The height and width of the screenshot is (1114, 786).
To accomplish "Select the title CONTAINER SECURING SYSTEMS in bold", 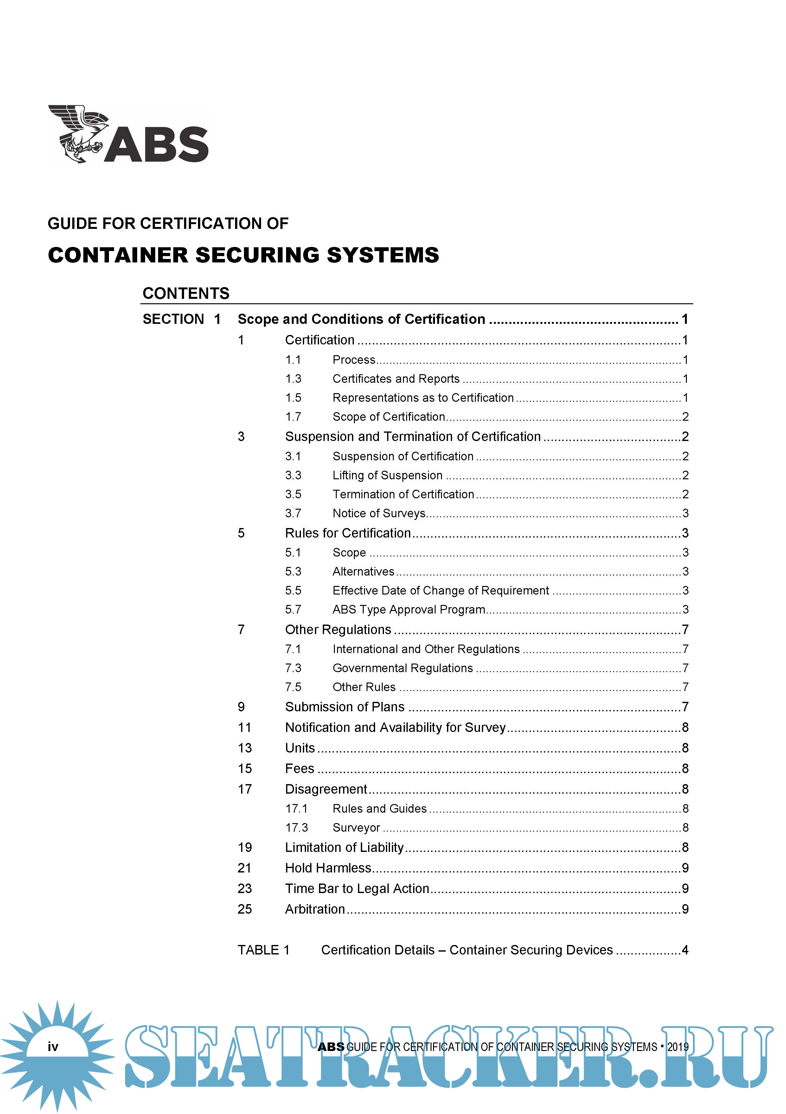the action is pos(243,255).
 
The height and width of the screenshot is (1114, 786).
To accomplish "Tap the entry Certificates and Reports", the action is pos(396,379).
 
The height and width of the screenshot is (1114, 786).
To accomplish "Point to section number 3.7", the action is pos(293,513).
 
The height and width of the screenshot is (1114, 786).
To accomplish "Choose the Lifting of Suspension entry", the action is pos(387,475).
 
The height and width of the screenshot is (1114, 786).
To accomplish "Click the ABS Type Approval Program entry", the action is pos(409,610).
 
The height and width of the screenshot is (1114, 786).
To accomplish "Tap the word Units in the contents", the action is pos(300,748).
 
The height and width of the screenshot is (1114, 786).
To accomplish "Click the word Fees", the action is pos(300,769).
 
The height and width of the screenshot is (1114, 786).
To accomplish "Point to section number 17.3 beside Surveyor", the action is pos(296,828).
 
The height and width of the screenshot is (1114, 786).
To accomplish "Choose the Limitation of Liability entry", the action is pos(344,848).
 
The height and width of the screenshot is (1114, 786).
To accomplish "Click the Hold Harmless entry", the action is pos(328,868).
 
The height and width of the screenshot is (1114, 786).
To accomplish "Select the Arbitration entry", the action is pos(315,909).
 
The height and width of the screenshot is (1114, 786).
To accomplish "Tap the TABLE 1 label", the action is pos(264,950).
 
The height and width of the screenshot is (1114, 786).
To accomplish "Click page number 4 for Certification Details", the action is pos(685,950).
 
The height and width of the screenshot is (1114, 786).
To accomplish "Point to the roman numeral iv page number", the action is pos(53,1047).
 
